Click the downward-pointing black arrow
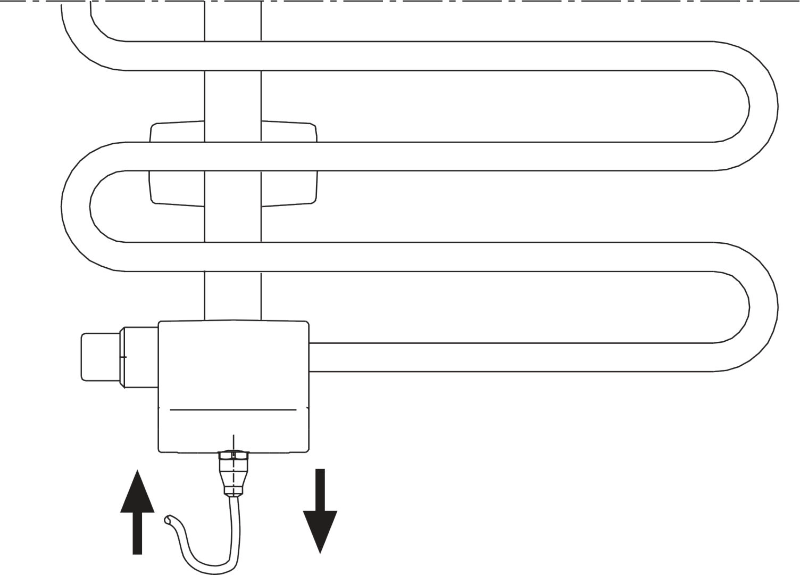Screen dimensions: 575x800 pos(320,511)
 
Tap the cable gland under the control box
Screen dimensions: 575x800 pos(233,471)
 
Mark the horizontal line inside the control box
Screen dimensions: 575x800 pos(233,409)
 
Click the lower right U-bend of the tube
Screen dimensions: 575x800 pos(755,307)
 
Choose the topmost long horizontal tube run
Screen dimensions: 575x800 pos(426,55)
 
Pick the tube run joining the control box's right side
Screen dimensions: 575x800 pos(505,357)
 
